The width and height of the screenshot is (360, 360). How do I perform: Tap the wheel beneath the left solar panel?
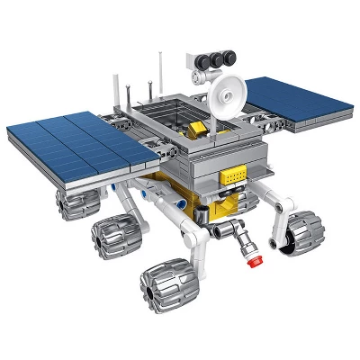pyautogui.click(x=72, y=200)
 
